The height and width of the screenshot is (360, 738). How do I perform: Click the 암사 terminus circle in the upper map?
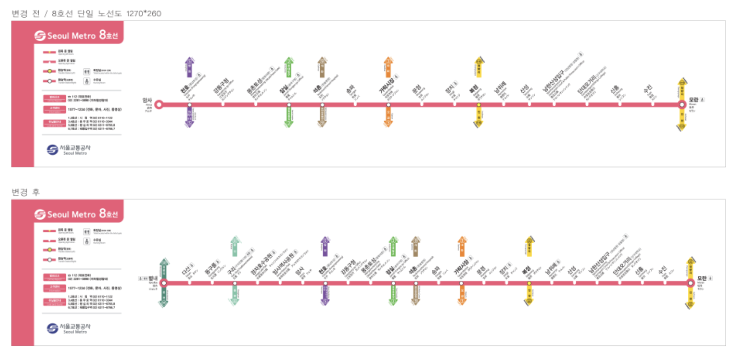coord(159,105)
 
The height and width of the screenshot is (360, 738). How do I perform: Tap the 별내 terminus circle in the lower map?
coord(164,283)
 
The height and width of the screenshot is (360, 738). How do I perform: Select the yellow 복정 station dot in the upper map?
coord(479,105)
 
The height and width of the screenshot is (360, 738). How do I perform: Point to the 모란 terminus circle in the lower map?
coord(690,283)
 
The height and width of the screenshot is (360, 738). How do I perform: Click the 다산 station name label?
coord(186,271)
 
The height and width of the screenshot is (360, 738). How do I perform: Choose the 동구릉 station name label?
coord(210,268)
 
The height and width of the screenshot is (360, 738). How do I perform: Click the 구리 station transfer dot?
coord(235,283)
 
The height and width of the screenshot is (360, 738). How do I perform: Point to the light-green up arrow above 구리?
coord(235,247)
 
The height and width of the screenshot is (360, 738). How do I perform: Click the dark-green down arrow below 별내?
coord(164,297)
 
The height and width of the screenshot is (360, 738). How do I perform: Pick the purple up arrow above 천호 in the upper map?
coord(190,67)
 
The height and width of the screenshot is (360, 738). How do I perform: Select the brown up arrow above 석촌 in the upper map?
coord(322,67)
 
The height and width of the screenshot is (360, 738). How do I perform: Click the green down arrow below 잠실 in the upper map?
coord(289,117)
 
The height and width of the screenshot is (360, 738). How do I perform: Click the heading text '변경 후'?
coord(25,192)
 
